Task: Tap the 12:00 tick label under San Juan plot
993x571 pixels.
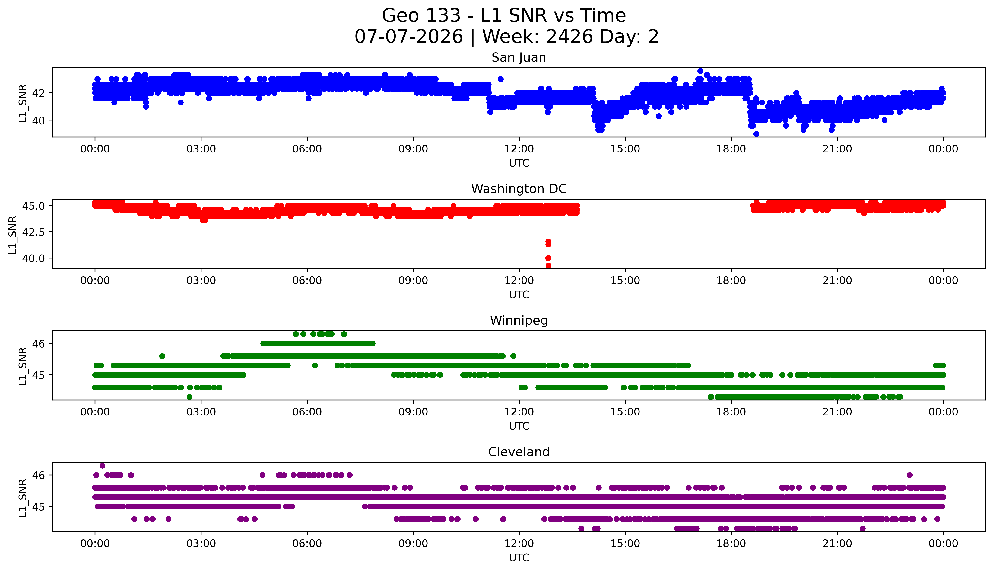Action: coord(519,149)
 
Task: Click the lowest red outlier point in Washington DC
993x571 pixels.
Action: coord(548,265)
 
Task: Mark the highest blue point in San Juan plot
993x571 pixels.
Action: coord(700,71)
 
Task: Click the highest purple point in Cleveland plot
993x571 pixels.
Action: coord(102,466)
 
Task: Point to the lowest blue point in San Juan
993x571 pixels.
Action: coord(756,134)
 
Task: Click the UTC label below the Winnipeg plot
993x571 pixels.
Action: coord(519,426)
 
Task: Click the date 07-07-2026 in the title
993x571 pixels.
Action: coord(409,37)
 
